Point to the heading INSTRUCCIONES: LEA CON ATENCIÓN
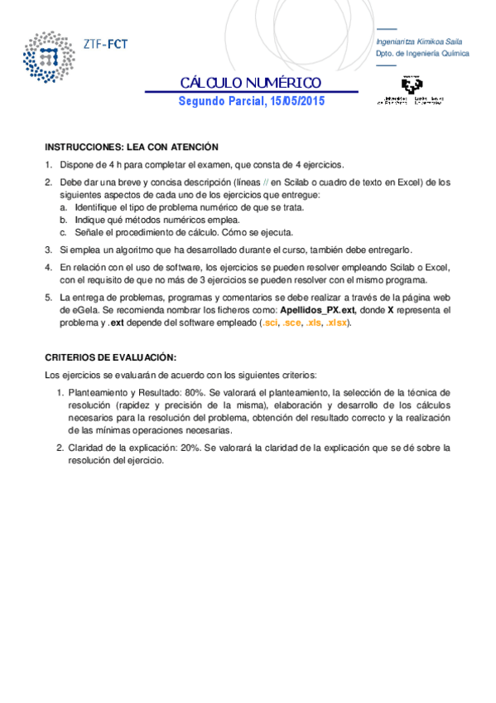coord(125,145)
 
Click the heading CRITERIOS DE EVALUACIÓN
coord(111,357)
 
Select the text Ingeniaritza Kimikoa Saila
coord(419,41)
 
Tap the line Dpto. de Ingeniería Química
coord(422,53)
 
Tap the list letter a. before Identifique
coord(64,206)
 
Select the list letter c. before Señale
coord(64,232)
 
